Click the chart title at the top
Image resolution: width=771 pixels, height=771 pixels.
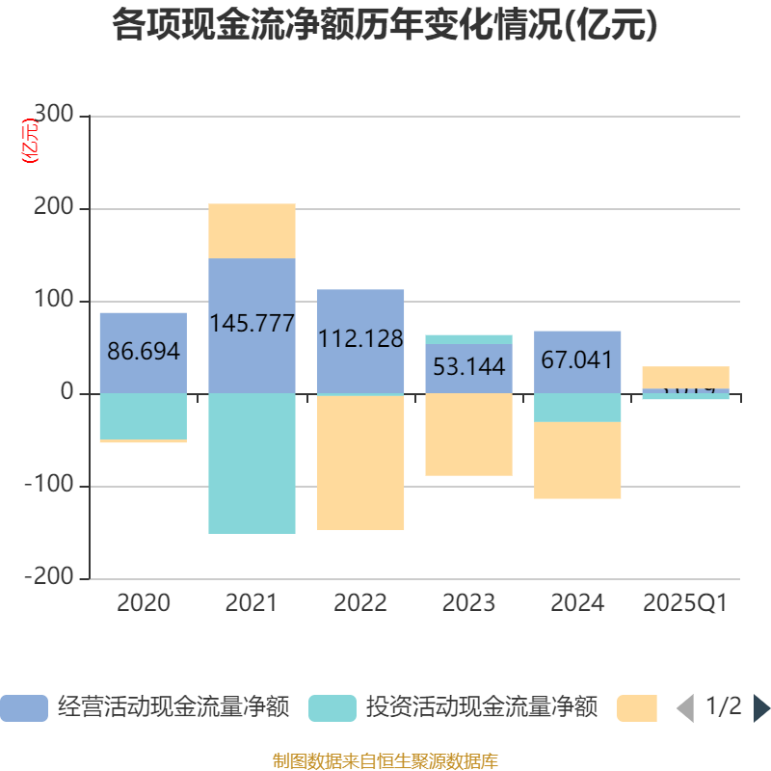[x=385, y=25]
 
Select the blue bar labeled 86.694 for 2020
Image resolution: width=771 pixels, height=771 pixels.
[x=143, y=328]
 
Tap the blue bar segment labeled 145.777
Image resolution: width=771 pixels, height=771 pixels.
[x=252, y=289]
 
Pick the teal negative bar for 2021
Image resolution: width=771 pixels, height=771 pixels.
[x=252, y=463]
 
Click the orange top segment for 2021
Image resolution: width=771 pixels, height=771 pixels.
[x=252, y=230]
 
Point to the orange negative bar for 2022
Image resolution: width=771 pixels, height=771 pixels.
[x=360, y=463]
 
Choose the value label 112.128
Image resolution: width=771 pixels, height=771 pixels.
[x=360, y=338]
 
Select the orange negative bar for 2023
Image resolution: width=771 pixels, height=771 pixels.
[x=468, y=435]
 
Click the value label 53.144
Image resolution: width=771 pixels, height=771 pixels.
[x=468, y=367]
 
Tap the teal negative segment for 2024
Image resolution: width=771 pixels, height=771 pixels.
[x=577, y=408]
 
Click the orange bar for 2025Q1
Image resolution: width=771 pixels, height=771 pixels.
[x=685, y=376]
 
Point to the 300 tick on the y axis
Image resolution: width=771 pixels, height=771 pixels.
[x=54, y=116]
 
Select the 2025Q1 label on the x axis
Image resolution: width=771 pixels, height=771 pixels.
[x=685, y=603]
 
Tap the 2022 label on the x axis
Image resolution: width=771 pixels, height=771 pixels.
[x=360, y=603]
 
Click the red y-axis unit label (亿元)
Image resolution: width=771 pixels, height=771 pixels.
[x=32, y=141]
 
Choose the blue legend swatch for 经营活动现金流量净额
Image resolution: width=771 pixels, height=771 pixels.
[x=24, y=707]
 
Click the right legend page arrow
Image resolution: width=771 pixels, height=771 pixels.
[x=761, y=707]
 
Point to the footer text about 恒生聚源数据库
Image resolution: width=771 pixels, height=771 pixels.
[x=385, y=761]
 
